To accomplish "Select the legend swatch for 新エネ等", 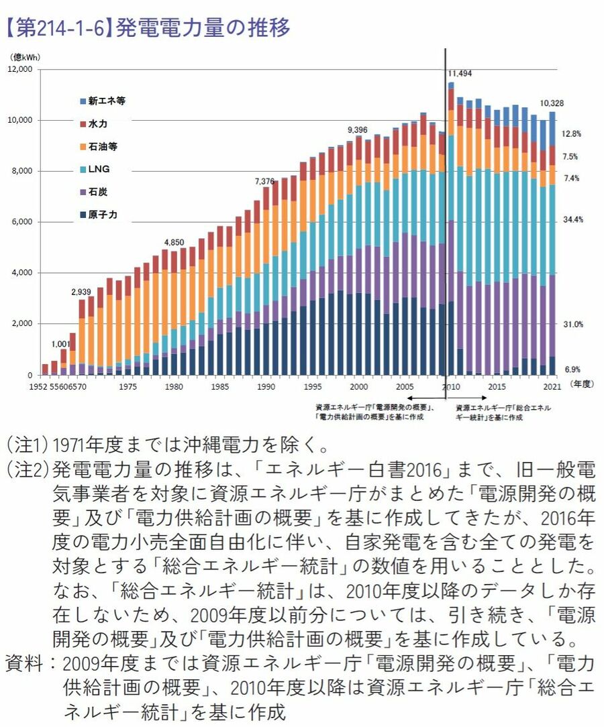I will (83, 101).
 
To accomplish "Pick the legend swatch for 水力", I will (83, 124).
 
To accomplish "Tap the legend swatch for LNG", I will (83, 170).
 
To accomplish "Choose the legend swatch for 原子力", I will (83, 215).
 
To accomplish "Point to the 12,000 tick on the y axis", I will (21, 69).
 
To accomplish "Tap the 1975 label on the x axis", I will (128, 387).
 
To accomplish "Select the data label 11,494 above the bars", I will (460, 73).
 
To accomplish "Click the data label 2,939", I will (82, 292).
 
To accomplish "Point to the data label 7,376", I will (265, 181).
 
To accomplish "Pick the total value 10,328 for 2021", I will (552, 103).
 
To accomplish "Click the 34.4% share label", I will (572, 219).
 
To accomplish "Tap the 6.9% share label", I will (572, 369).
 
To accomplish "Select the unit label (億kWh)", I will (24, 58).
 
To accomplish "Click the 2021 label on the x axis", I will (551, 387).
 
